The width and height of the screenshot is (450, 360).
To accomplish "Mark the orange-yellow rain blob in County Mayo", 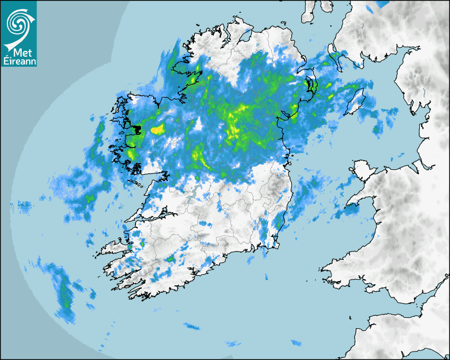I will tap(158, 129).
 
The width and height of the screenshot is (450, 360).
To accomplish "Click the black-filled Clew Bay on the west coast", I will tap(137, 129).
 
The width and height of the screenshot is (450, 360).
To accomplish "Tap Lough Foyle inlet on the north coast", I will tap(244, 36).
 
